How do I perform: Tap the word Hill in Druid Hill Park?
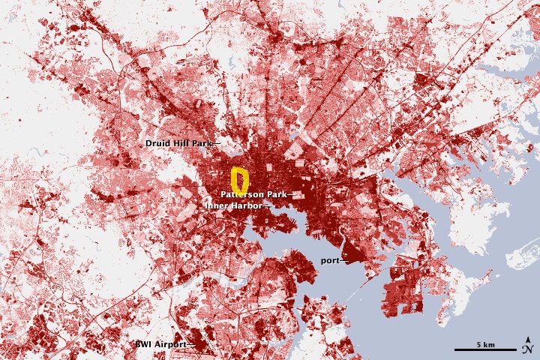tap(178, 142)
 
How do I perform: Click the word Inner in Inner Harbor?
tap(216, 205)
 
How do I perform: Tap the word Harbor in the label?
tap(247, 205)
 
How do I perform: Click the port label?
tap(329, 261)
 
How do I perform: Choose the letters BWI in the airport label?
tap(143, 343)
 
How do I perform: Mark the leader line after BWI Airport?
tap(191, 344)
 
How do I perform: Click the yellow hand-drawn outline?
tap(233, 178)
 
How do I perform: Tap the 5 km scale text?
tap(485, 344)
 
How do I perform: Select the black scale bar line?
tap(485, 350)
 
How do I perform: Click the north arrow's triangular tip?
tap(529, 338)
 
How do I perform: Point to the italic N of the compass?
tap(528, 348)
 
